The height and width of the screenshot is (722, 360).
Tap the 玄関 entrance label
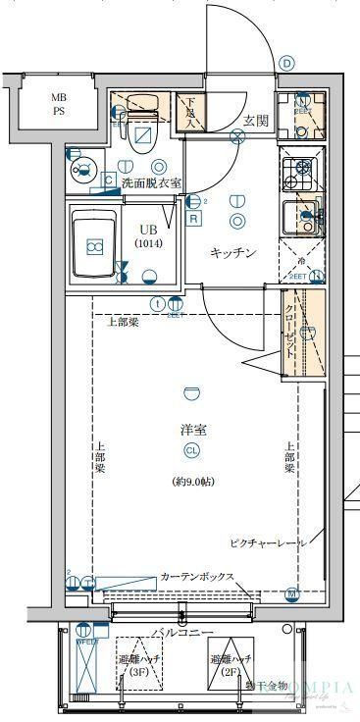point(256,120)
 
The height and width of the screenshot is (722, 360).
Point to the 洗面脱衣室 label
point(151,183)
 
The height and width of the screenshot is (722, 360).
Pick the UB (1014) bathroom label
point(150,235)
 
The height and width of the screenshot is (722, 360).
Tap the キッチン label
point(233,253)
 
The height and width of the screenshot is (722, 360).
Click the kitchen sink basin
point(299,217)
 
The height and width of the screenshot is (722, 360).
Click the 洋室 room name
point(192,429)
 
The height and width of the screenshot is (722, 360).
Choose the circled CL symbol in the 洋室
point(192,450)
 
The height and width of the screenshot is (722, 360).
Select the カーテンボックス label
point(196,576)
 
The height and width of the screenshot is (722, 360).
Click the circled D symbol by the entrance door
point(286,63)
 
